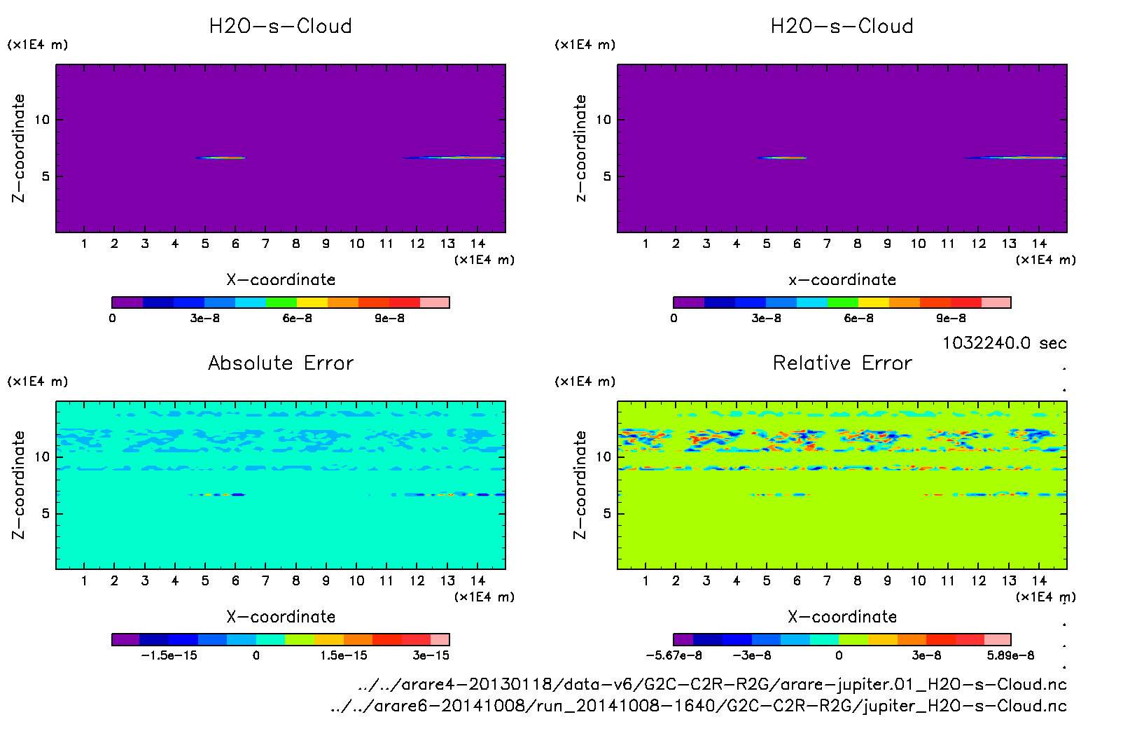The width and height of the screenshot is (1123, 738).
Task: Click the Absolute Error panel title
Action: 281,363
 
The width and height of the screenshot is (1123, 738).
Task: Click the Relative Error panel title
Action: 842,363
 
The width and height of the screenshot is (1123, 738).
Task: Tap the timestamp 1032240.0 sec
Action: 1004,343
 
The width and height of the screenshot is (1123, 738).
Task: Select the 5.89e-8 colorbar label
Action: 1010,655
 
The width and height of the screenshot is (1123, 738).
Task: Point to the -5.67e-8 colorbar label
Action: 674,655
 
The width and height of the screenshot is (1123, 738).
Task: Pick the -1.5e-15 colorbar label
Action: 169,655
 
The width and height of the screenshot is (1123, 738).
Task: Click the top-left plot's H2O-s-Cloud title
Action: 281,27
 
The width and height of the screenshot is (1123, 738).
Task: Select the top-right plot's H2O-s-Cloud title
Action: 842,27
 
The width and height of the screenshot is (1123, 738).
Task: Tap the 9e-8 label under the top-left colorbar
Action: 389,319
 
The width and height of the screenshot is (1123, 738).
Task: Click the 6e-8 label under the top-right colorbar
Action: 858,319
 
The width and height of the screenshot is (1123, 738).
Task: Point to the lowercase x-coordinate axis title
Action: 842,280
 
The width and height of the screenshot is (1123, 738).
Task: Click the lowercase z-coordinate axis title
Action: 580,148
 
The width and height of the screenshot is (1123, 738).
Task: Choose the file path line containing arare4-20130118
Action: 711,685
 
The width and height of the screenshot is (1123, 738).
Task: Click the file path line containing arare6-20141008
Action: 698,706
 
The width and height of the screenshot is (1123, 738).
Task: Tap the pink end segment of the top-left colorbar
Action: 435,302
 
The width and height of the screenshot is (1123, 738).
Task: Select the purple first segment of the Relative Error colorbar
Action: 683,639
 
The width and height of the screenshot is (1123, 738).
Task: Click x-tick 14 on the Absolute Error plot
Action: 477,580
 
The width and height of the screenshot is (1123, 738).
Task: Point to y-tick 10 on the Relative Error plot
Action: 604,457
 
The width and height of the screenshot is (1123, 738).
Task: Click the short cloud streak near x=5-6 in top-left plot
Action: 221,158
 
